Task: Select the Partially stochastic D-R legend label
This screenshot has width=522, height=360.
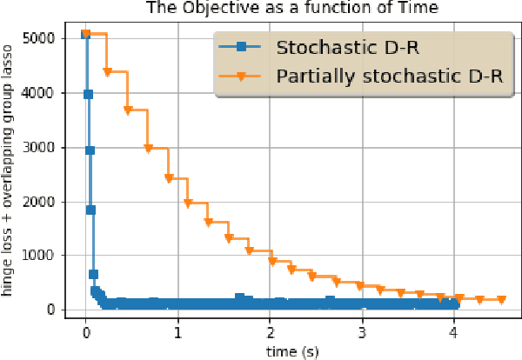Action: [x=389, y=76]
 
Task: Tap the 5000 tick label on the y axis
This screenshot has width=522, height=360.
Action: [x=43, y=38]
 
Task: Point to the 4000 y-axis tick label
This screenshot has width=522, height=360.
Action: [x=43, y=93]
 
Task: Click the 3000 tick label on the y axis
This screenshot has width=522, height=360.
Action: [x=43, y=147]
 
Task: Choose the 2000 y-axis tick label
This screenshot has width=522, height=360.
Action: [x=43, y=202]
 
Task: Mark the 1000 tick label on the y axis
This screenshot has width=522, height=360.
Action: [x=43, y=256]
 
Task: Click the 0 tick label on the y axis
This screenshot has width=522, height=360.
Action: [x=55, y=310]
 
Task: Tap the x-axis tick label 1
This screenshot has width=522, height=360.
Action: [x=178, y=331]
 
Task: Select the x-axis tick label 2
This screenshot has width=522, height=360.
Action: [x=271, y=331]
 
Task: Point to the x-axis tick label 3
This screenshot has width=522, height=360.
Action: [x=363, y=331]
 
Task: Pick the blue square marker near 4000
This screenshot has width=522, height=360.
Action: [x=88, y=94]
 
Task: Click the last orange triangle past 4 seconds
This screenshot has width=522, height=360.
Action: [x=500, y=300]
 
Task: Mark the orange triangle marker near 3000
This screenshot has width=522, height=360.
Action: [x=148, y=149]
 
